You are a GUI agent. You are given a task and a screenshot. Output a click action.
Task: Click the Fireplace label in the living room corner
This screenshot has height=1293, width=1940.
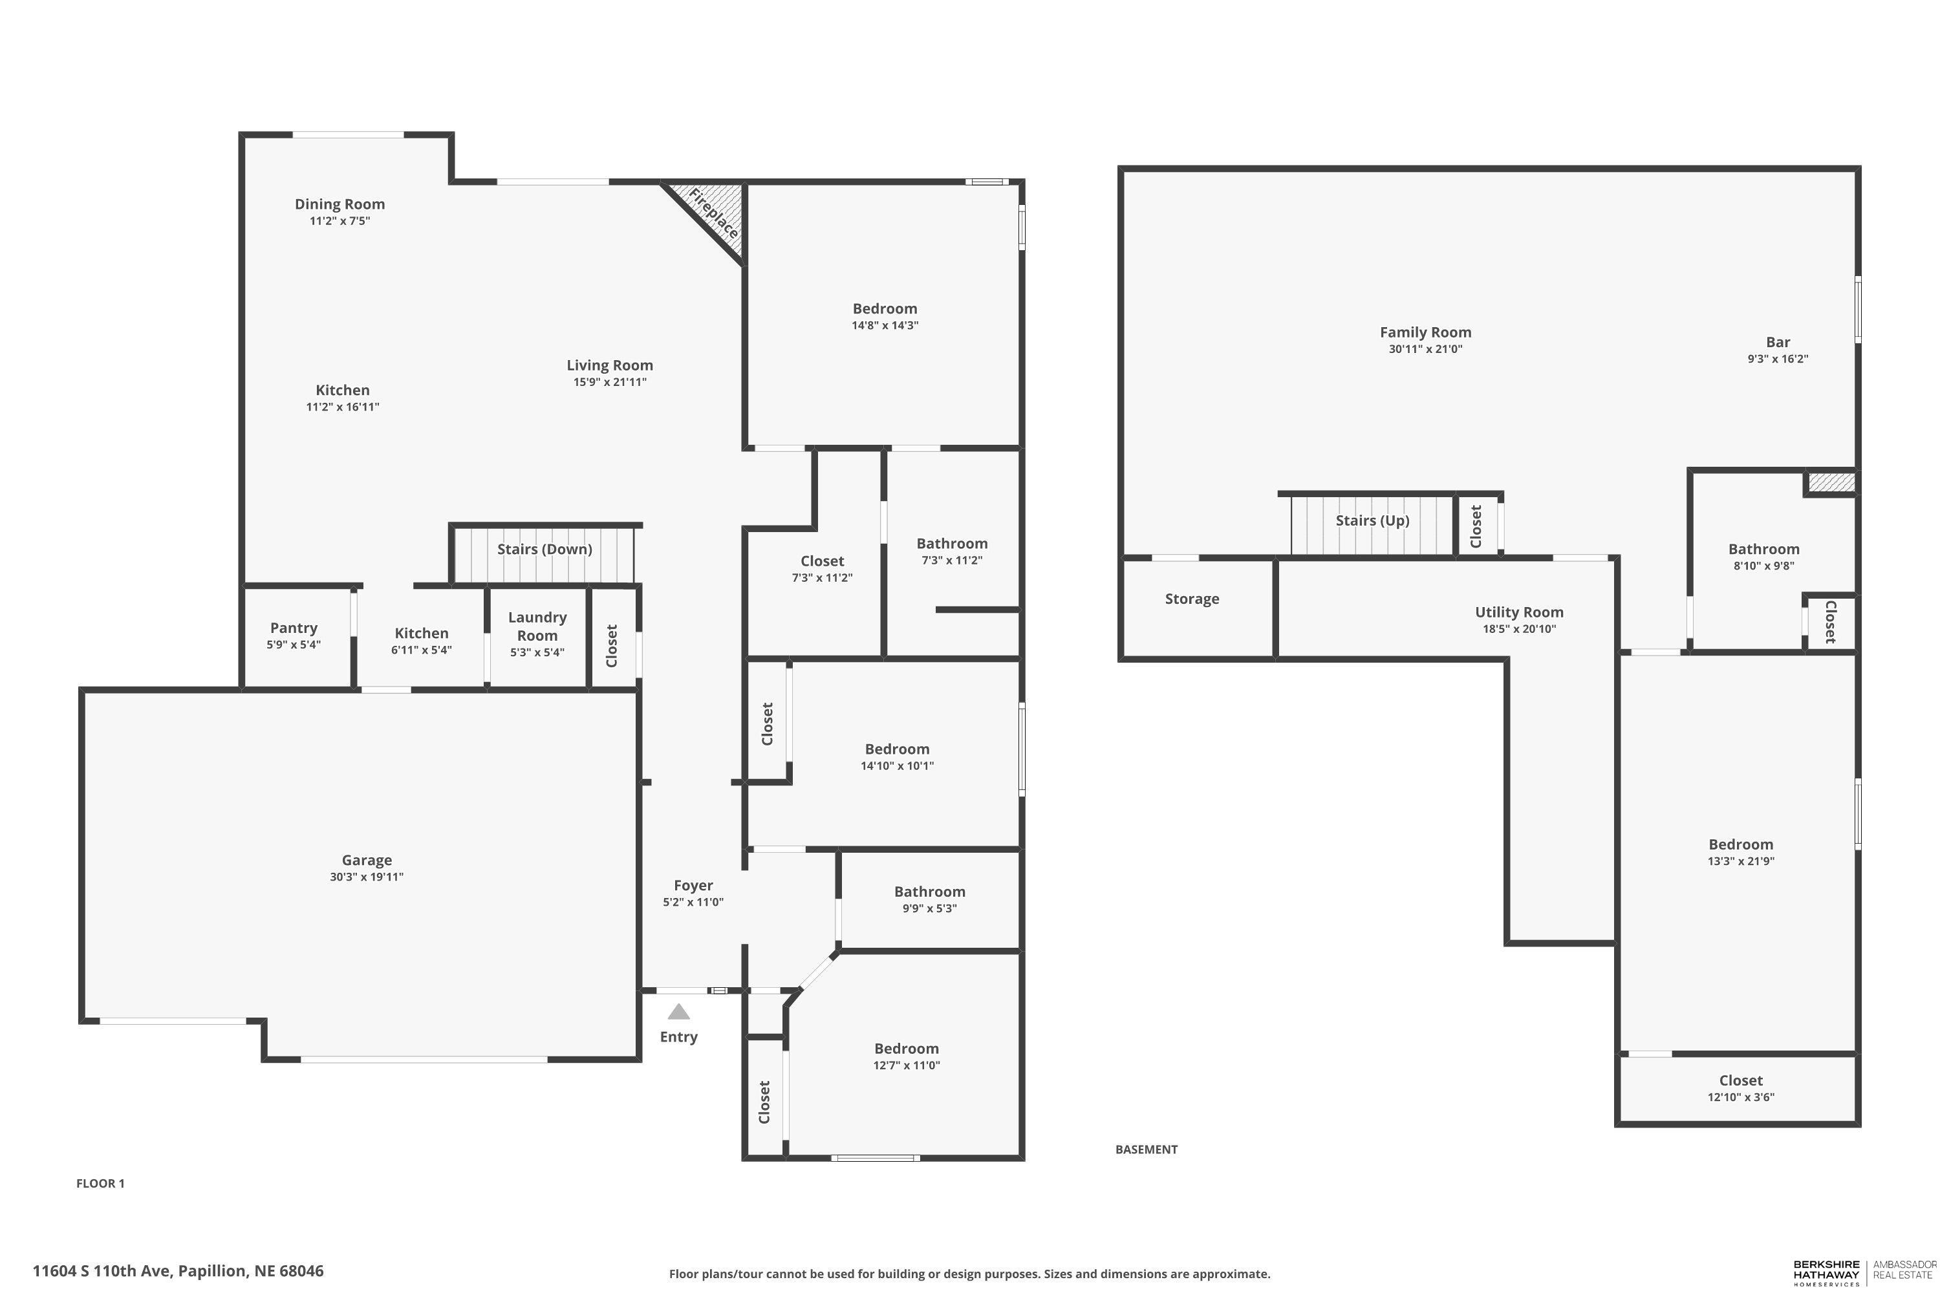[713, 213]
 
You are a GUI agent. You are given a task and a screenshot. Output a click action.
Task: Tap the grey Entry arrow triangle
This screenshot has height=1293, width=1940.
[678, 1011]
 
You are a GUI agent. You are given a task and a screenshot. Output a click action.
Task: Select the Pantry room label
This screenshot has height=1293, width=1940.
[294, 628]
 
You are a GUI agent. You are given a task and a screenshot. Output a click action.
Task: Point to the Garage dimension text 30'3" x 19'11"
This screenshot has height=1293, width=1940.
[367, 877]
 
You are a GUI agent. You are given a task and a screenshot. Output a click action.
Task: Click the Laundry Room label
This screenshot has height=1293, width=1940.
[537, 626]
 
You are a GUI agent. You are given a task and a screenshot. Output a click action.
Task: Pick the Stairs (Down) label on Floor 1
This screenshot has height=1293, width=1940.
[544, 549]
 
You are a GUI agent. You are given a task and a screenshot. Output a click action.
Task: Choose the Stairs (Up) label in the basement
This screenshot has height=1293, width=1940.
[1372, 520]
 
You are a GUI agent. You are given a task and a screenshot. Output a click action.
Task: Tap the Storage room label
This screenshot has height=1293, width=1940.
[1192, 599]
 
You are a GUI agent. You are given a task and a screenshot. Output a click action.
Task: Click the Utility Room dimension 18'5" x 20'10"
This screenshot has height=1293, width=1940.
[1519, 629]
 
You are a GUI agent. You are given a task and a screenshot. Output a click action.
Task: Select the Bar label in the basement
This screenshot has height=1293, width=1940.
[1778, 342]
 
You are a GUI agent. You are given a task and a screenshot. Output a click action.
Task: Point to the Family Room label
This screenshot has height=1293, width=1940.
[1425, 332]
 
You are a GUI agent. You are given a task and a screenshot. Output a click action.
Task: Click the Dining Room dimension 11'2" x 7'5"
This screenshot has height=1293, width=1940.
[340, 221]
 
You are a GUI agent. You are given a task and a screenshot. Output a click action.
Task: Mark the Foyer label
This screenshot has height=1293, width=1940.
[693, 886]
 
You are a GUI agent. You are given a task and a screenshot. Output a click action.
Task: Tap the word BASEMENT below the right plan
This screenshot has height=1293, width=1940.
[1147, 1149]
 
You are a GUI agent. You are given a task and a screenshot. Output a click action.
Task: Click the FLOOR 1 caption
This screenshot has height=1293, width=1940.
[101, 1183]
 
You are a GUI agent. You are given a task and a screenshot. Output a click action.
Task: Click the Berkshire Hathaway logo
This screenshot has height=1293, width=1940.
[1864, 1272]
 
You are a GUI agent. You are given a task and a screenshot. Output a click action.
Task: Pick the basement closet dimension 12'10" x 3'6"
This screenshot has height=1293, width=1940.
[1741, 1098]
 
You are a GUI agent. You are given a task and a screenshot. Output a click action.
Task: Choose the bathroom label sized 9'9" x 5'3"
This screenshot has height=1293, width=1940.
[930, 892]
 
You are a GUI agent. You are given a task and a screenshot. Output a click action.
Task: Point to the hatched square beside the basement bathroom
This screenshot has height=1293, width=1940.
[1832, 482]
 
